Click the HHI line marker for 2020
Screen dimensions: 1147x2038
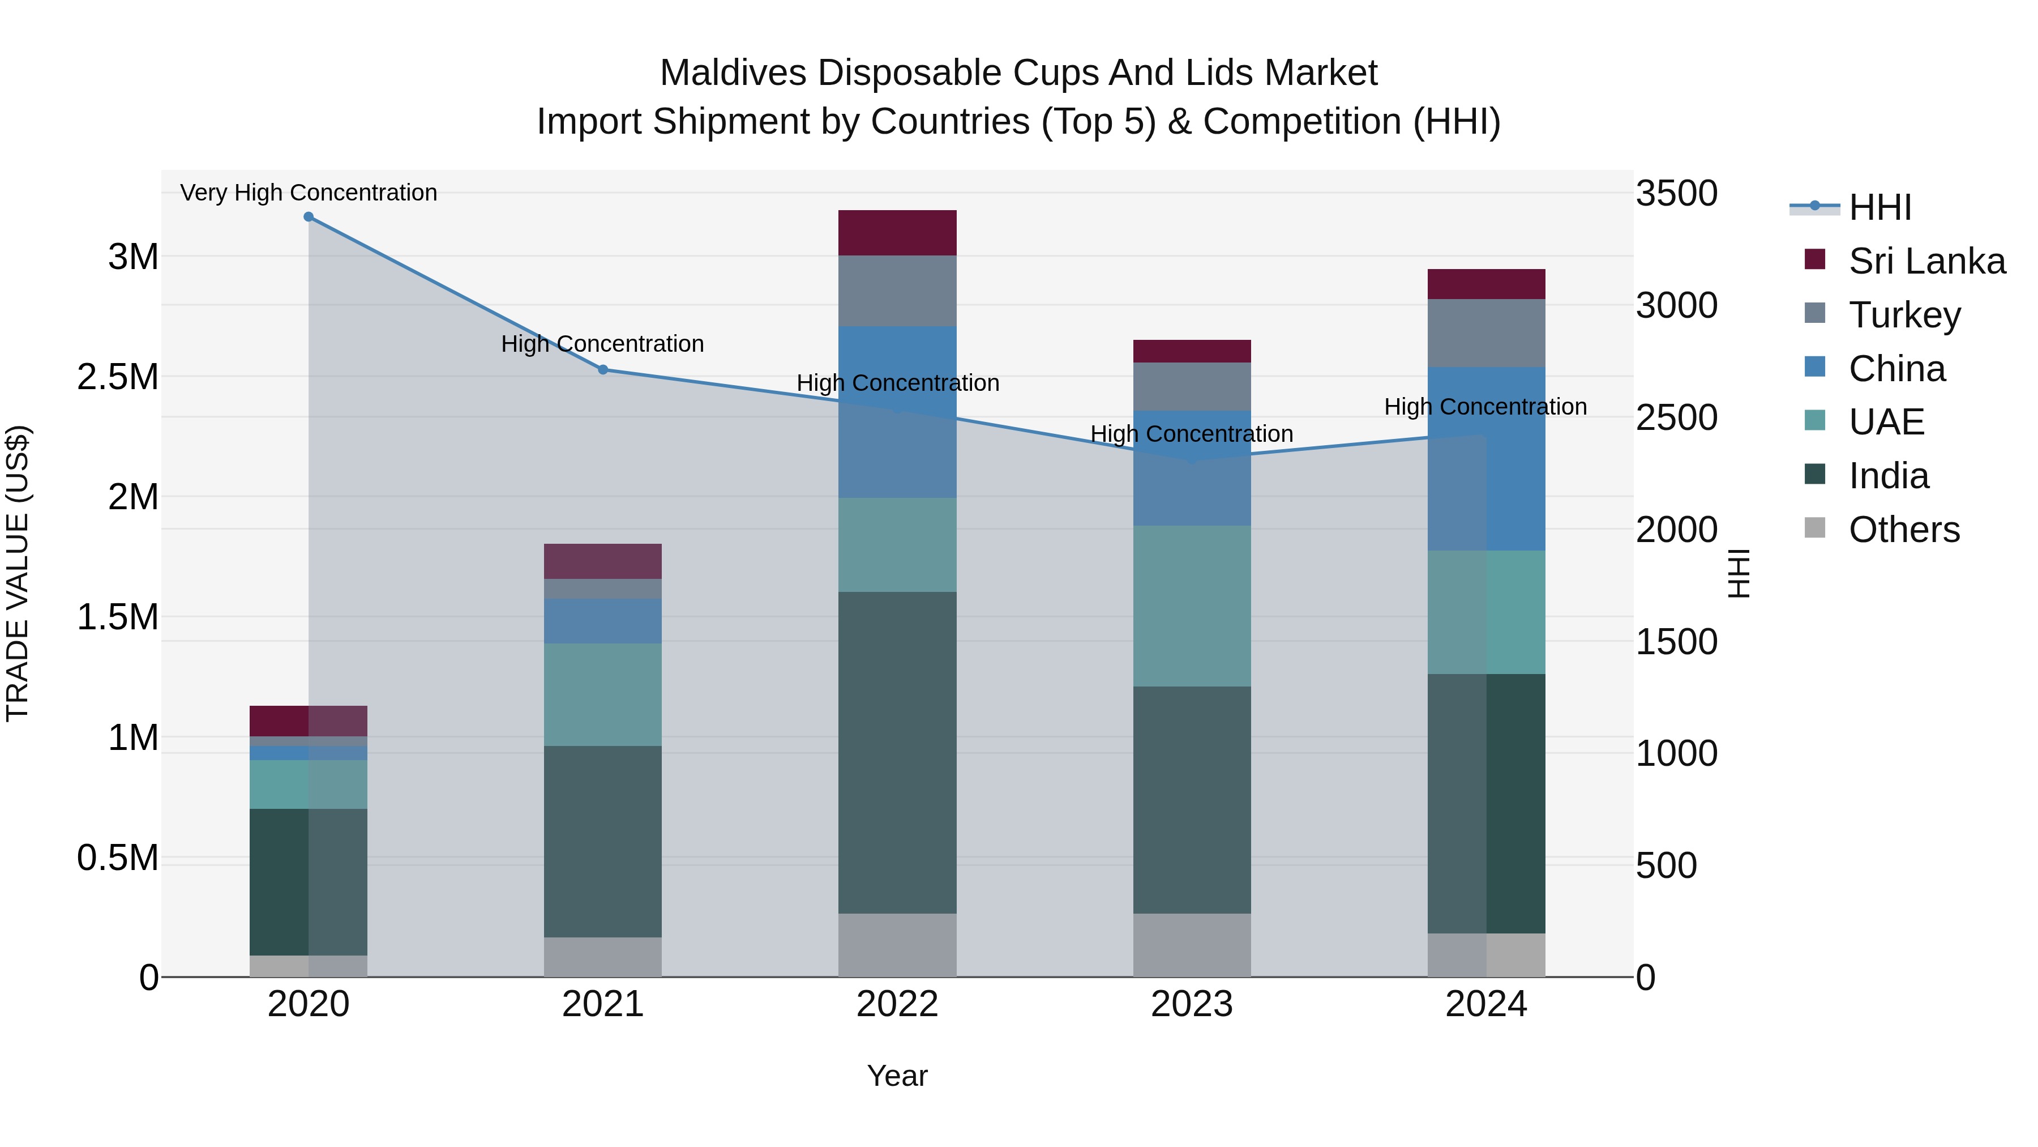pos(309,217)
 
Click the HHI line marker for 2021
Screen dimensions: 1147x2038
pos(603,370)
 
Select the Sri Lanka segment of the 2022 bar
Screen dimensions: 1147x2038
pos(897,233)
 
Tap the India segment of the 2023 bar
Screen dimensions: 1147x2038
pos(1192,799)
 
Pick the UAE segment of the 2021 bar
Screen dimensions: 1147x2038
pos(603,694)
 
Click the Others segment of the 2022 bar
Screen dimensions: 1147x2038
pos(897,945)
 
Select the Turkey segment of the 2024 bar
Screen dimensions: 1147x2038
pos(1486,333)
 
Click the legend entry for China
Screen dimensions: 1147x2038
pos(1896,369)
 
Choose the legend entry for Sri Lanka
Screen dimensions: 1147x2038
pos(1926,261)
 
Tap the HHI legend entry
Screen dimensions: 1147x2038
pos(1879,207)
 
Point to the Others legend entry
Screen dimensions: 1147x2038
pos(1903,530)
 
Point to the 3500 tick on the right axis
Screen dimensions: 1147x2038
pos(1676,194)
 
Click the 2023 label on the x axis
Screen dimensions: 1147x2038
pos(1192,1004)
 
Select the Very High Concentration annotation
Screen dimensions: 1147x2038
pos(309,193)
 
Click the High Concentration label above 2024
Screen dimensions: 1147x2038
pos(1485,407)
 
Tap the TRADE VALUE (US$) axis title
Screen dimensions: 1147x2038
pos(18,573)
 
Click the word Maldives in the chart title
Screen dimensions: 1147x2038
pos(733,73)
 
